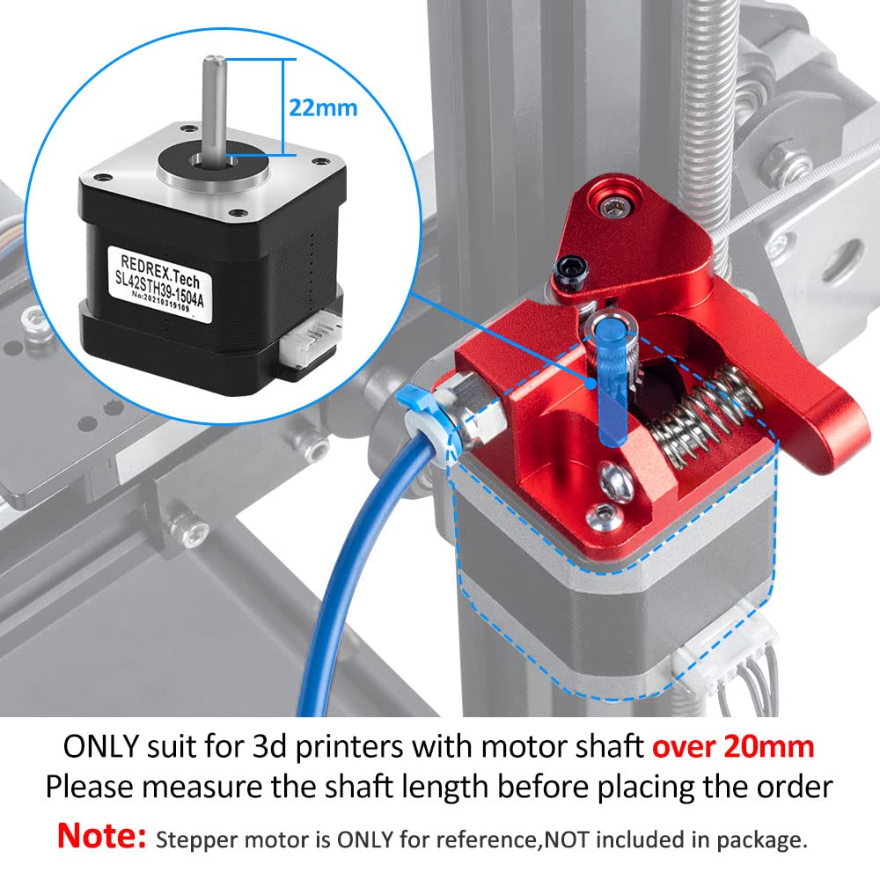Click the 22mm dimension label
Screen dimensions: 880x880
pyautogui.click(x=323, y=107)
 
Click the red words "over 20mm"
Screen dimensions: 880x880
pyautogui.click(x=732, y=747)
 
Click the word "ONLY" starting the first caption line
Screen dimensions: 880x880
pyautogui.click(x=99, y=747)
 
